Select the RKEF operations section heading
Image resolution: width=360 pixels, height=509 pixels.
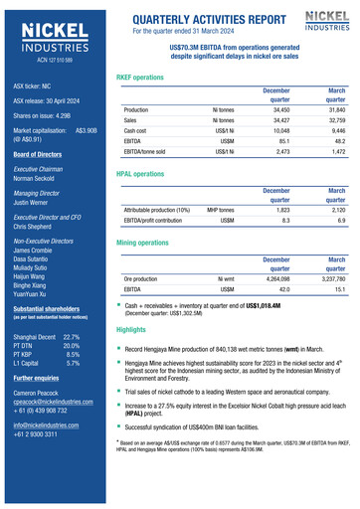pos(140,77)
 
